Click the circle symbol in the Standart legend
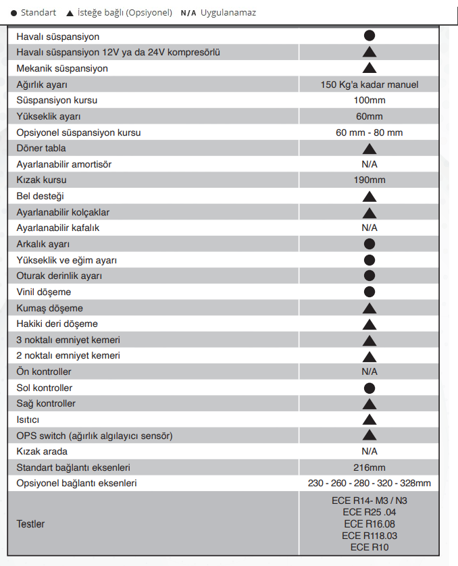(14, 13)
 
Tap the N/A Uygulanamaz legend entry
(218, 13)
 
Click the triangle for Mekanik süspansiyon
(369, 68)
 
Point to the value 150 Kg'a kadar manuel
(369, 84)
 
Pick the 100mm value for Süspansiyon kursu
(369, 100)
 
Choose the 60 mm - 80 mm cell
(369, 132)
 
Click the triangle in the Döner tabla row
(369, 149)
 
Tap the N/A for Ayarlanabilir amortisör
(369, 164)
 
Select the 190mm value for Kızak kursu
(369, 180)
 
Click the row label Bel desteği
(40, 197)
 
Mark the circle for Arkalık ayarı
(369, 244)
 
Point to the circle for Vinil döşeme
(369, 292)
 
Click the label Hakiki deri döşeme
(57, 324)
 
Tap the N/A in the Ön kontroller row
(369, 371)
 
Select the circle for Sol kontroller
(369, 388)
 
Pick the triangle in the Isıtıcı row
(369, 420)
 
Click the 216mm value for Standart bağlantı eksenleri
(369, 467)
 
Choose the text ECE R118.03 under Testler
(369, 535)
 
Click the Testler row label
(30, 523)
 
